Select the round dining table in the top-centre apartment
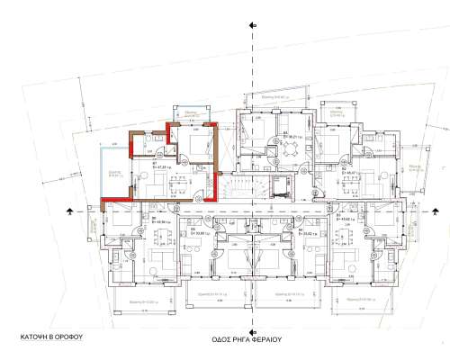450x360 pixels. click(290, 151)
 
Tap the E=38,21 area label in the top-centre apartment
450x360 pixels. click(293, 137)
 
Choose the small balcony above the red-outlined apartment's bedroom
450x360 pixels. click(190, 113)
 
